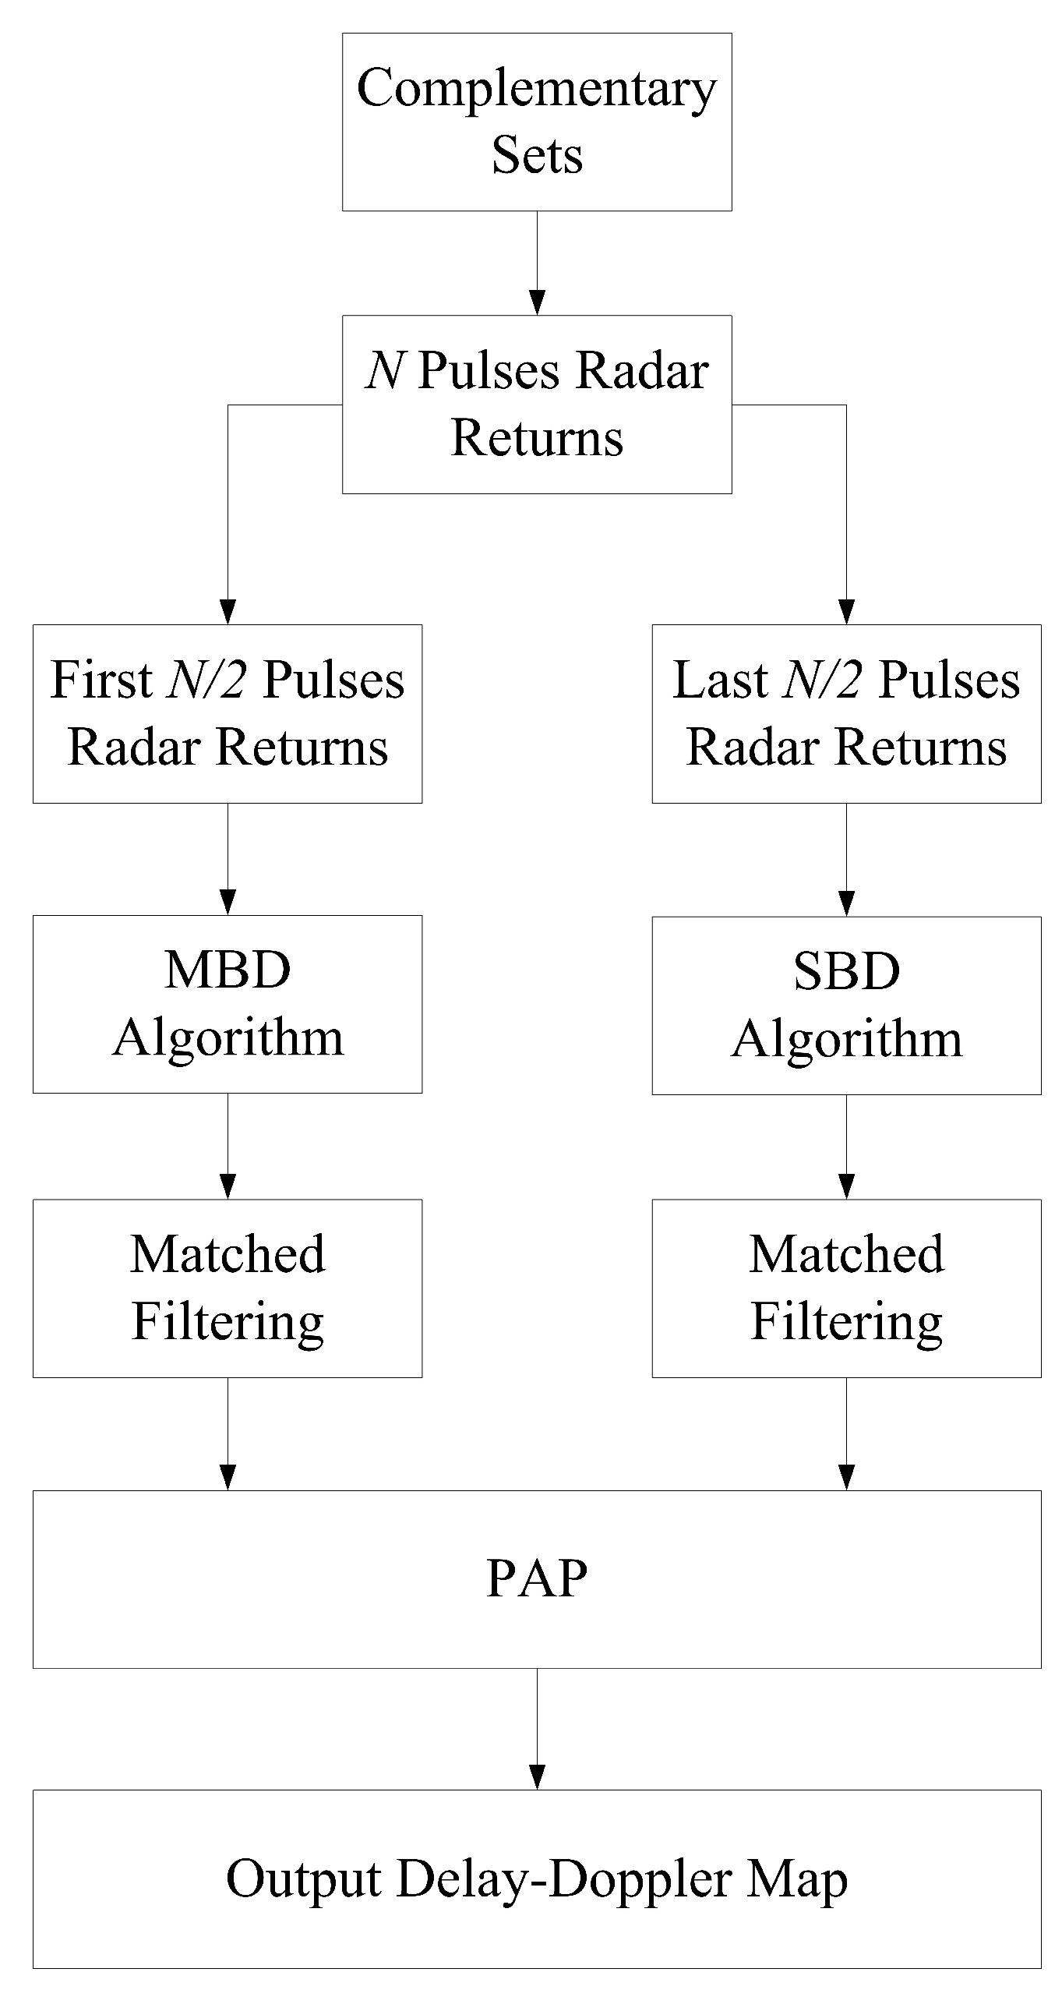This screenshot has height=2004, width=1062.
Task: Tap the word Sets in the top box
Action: click(x=537, y=154)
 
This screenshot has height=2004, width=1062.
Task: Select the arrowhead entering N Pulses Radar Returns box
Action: click(x=537, y=302)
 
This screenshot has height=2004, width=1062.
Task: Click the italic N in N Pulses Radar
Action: click(x=384, y=370)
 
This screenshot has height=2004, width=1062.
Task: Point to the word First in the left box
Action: click(x=101, y=680)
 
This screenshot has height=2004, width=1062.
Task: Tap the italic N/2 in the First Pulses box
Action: click(x=207, y=680)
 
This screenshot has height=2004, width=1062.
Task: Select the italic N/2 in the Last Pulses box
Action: click(x=823, y=680)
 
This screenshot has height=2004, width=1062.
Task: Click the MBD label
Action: click(x=228, y=970)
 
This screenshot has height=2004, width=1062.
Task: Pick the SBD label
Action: click(x=846, y=972)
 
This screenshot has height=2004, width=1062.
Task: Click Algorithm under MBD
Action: click(x=228, y=1039)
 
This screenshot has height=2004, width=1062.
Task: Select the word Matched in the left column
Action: click(x=228, y=1255)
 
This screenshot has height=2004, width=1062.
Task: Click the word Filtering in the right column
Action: click(x=846, y=1323)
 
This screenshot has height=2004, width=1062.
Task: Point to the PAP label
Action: click(x=537, y=1579)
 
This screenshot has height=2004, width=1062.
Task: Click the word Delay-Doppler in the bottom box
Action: click(x=564, y=1879)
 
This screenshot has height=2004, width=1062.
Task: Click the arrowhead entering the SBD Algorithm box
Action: click(x=846, y=903)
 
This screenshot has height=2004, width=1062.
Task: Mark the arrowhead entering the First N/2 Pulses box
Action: click(x=228, y=612)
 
